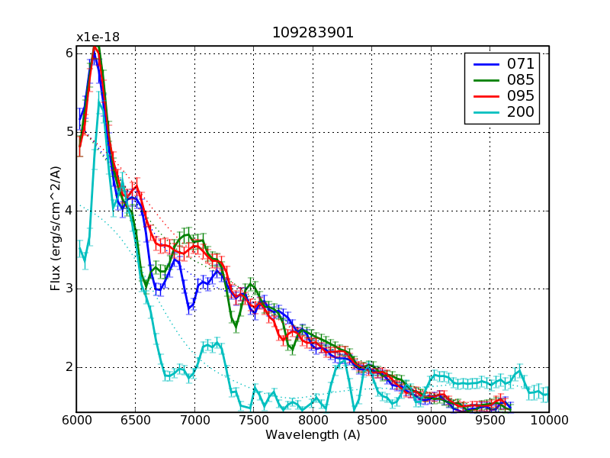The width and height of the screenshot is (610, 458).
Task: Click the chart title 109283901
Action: [313, 34]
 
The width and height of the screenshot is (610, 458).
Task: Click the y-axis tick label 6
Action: [68, 53]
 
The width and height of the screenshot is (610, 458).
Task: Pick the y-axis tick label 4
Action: [68, 210]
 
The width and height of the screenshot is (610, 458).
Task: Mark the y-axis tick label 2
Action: [68, 366]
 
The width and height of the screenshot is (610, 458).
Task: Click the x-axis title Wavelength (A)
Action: [313, 435]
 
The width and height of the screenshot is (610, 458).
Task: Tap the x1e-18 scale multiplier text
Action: [98, 37]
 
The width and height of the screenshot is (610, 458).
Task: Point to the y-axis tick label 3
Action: [68, 289]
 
